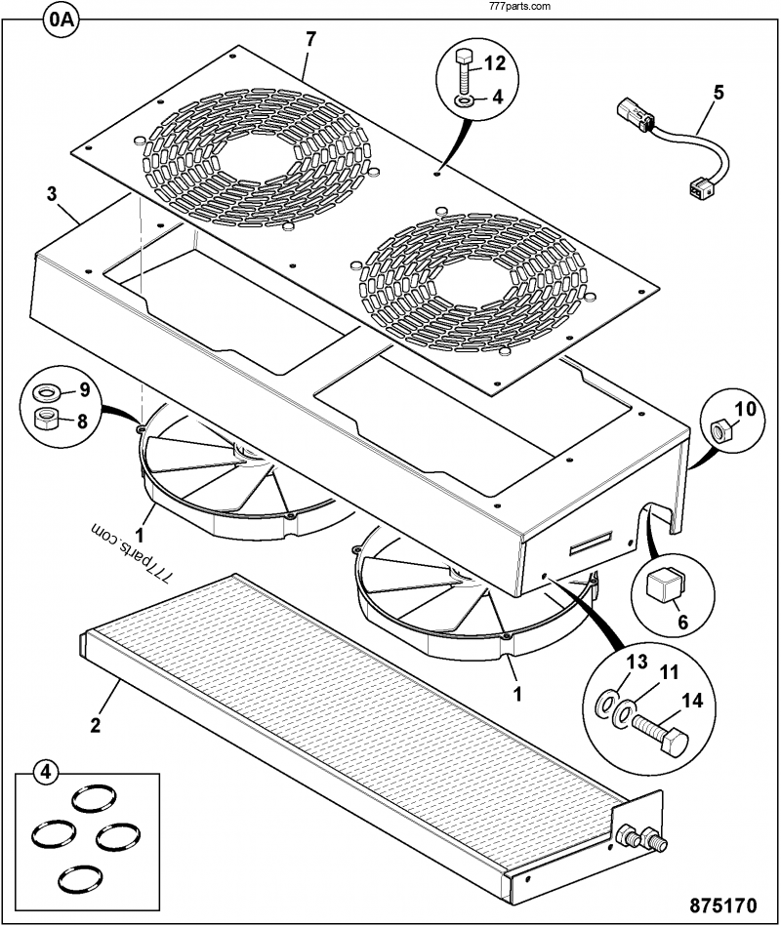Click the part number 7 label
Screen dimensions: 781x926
(310, 39)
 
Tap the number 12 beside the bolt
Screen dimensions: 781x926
(495, 63)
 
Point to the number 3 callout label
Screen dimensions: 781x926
(52, 194)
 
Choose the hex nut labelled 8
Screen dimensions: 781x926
(45, 419)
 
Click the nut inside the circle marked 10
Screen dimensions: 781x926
(719, 430)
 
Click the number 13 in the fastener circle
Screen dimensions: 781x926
(637, 662)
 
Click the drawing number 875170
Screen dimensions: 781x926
(722, 906)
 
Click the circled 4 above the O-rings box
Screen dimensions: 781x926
(46, 773)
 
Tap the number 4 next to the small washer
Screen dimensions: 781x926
(498, 97)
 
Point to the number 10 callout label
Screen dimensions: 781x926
(746, 408)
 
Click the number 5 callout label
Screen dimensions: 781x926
(719, 93)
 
